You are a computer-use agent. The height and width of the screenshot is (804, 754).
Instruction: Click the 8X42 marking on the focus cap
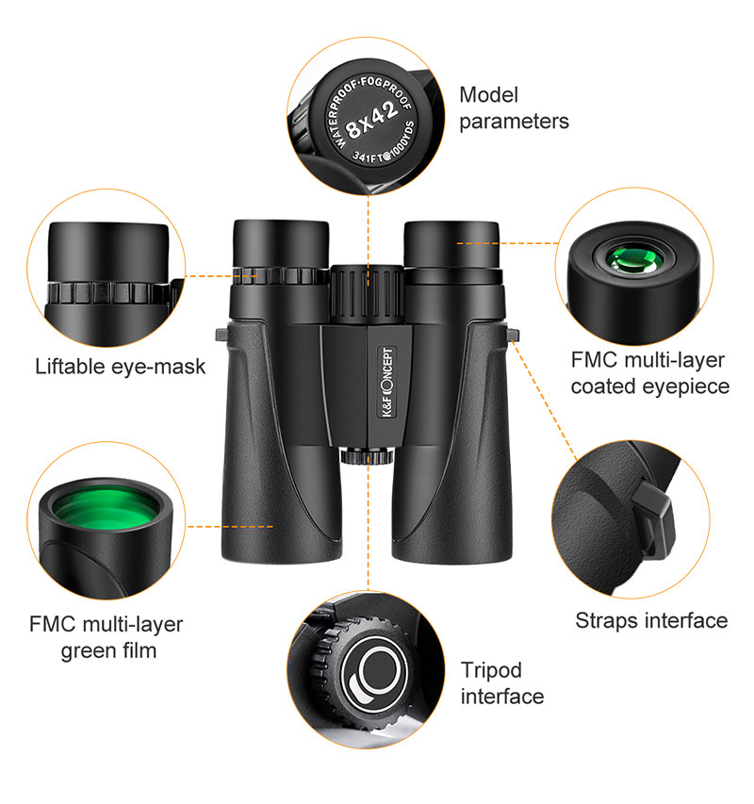pos(372,120)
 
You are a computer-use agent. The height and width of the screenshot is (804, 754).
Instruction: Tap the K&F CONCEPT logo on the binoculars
pos(387,382)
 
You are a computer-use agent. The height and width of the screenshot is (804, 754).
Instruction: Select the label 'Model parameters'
pos(514,108)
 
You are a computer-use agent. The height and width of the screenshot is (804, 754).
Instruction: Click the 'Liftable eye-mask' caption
pos(121,368)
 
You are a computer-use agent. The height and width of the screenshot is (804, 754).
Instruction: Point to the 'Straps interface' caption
pos(651,620)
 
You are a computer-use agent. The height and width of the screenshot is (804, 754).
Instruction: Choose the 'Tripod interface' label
pos(501,683)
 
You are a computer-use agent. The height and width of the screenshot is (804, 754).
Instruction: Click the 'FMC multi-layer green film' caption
pos(107,637)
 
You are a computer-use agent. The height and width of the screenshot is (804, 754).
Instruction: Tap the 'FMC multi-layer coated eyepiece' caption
pos(650,373)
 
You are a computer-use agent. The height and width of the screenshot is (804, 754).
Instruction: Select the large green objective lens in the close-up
pos(107,507)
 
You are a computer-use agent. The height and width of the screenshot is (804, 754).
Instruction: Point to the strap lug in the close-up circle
pos(653,520)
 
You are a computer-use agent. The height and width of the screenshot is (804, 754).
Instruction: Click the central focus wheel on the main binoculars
pos(367,294)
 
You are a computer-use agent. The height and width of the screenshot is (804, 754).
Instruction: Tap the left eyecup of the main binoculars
pos(281,244)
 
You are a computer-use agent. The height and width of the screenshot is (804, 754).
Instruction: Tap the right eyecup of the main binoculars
pos(451,245)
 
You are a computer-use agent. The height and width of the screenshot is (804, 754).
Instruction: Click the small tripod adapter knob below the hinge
pos(366,456)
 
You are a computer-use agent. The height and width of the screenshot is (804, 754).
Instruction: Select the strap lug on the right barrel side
pos(513,335)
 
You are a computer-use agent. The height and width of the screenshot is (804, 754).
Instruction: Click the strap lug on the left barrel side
pos(221,335)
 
